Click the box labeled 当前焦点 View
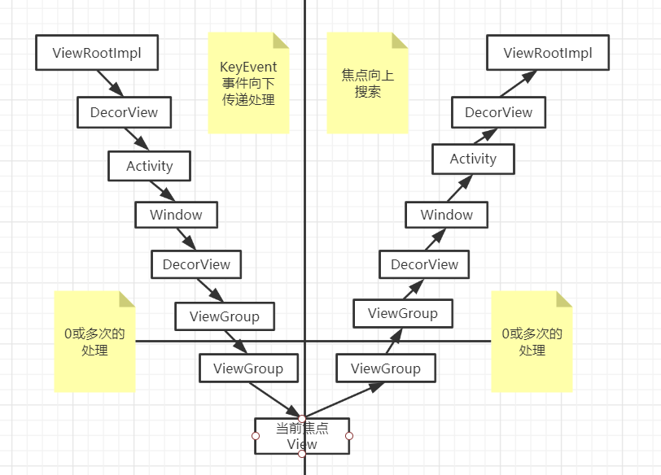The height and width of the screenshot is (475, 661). [302, 436]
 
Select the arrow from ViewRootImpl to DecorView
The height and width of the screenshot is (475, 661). [110, 84]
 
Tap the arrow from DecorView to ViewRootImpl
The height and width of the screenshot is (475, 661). [519, 84]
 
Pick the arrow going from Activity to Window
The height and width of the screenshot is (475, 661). [162, 191]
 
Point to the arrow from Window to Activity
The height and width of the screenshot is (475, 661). [460, 188]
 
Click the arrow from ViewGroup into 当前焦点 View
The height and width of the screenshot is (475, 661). [275, 400]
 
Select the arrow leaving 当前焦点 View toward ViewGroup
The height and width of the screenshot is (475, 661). [344, 400]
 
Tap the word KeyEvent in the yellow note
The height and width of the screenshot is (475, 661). [248, 67]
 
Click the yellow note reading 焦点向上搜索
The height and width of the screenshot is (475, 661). [368, 83]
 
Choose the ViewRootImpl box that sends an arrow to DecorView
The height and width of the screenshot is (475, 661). [97, 53]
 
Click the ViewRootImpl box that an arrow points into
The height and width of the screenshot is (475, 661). [548, 53]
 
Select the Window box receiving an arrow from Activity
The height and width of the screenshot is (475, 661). [176, 215]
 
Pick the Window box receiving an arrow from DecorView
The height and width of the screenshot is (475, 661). [446, 215]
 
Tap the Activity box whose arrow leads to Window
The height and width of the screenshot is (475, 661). [149, 166]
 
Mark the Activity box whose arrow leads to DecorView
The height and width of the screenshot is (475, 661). [474, 159]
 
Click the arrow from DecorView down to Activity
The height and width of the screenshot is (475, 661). [137, 139]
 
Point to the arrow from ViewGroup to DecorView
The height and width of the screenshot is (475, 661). [414, 290]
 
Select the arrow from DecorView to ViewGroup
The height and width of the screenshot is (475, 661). [210, 290]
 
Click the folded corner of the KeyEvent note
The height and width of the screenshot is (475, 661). [281, 41]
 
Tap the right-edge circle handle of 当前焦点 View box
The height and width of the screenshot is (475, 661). [349, 436]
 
